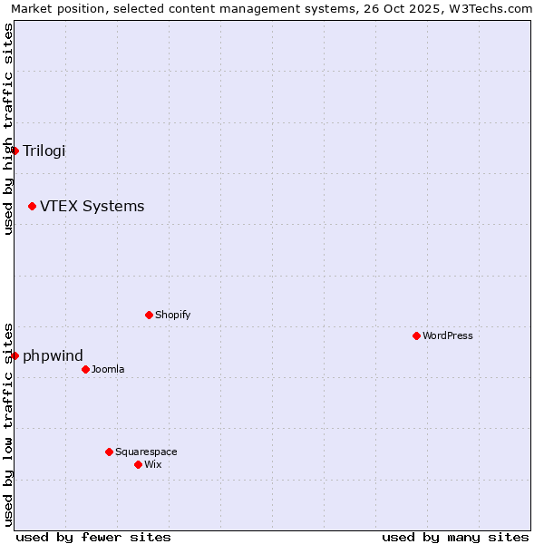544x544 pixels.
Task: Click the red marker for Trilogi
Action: pos(15,151)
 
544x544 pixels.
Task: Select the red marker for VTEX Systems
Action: pos(32,207)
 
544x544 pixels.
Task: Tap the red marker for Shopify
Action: pos(149,315)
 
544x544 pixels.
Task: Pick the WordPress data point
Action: pos(416,335)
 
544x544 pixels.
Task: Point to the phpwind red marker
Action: pos(15,355)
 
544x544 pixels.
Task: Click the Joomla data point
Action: pos(85,369)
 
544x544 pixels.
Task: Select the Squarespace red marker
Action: pos(109,452)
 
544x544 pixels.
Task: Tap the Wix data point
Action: pos(138,464)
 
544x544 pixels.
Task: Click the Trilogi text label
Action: pos(44,151)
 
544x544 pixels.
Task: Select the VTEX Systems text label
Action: pos(92,207)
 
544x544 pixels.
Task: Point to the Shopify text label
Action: pos(172,315)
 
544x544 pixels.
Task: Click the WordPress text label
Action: pos(447,335)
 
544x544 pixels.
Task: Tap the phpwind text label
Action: pos(53,355)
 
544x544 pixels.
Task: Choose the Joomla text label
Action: pos(108,369)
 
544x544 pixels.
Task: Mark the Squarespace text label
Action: pos(146,452)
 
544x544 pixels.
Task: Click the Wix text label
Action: pos(152,464)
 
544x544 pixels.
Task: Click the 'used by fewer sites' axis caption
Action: pos(93,537)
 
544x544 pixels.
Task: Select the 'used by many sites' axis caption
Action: pos(455,537)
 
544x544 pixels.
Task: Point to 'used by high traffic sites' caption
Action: pos(8,129)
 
